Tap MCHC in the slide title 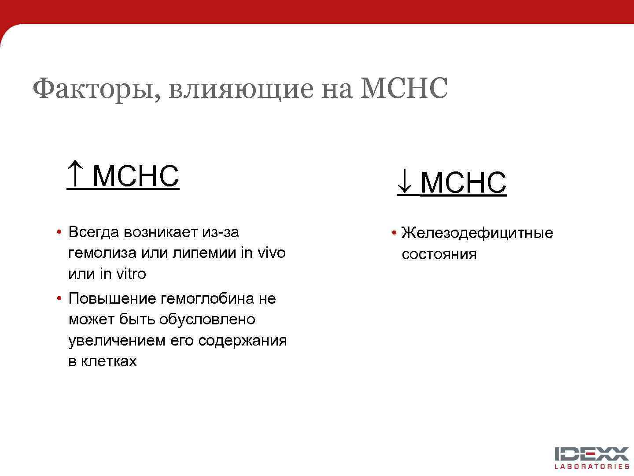coord(404,88)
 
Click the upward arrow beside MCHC coord(75,174)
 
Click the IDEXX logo coord(591,454)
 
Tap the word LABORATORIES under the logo coord(592,467)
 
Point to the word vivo coord(271,253)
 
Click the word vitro coord(130,274)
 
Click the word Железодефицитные coord(477,233)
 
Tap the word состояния coord(439,254)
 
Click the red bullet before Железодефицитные coord(394,233)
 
